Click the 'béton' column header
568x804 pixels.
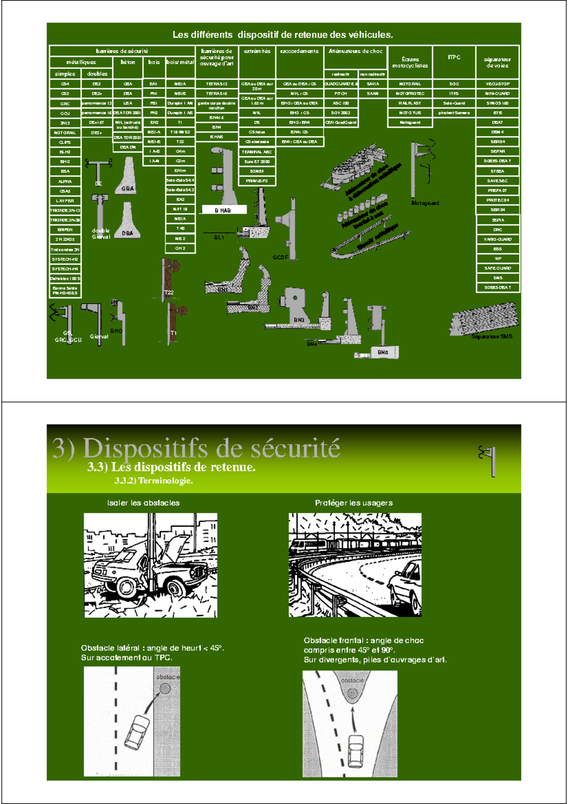point(128,62)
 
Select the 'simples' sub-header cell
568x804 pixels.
point(65,74)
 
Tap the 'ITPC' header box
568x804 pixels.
point(454,57)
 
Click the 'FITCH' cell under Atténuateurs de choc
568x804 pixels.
point(340,94)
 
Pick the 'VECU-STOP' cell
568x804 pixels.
point(497,84)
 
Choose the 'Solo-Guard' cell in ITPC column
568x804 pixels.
point(454,103)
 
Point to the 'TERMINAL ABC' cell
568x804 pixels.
point(257,152)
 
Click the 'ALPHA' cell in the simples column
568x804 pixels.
point(65,181)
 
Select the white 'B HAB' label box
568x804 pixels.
point(223,210)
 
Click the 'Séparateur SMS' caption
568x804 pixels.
point(491,336)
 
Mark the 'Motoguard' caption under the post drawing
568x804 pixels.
point(425,203)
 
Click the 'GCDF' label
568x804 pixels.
point(280,258)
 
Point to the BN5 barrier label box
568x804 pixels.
point(383,352)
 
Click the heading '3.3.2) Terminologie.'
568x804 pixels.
point(154,481)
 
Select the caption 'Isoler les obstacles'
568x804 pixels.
point(143,503)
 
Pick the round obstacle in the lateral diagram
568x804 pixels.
point(165,688)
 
